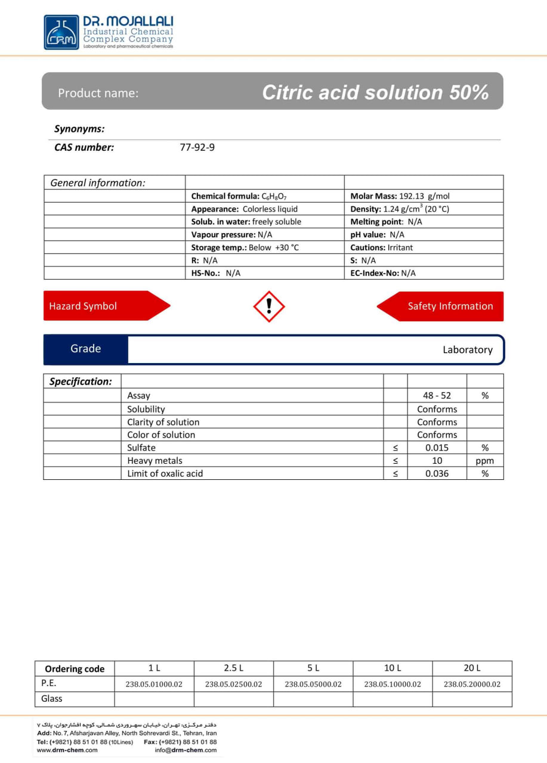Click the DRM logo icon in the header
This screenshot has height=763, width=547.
(61, 32)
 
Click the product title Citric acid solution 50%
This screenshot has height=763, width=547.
(375, 92)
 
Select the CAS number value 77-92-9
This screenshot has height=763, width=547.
(197, 147)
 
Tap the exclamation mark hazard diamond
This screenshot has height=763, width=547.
(269, 306)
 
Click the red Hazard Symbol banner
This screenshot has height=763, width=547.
(101, 306)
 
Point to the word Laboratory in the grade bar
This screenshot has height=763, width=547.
(467, 350)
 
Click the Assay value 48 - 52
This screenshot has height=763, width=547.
(437, 395)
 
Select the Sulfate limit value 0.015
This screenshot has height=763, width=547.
(437, 448)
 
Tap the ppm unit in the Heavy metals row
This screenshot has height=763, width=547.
(484, 461)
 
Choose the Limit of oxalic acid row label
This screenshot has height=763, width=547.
(165, 473)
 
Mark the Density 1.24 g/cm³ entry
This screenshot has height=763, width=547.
(400, 209)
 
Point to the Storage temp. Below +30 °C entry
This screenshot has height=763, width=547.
(245, 247)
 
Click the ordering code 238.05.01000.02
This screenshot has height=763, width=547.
(154, 684)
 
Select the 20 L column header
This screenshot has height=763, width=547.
(472, 668)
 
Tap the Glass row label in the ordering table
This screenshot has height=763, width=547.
(52, 699)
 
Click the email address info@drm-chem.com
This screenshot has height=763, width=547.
(186, 750)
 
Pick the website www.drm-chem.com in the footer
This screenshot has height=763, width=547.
(67, 750)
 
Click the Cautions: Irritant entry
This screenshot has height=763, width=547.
(381, 247)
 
